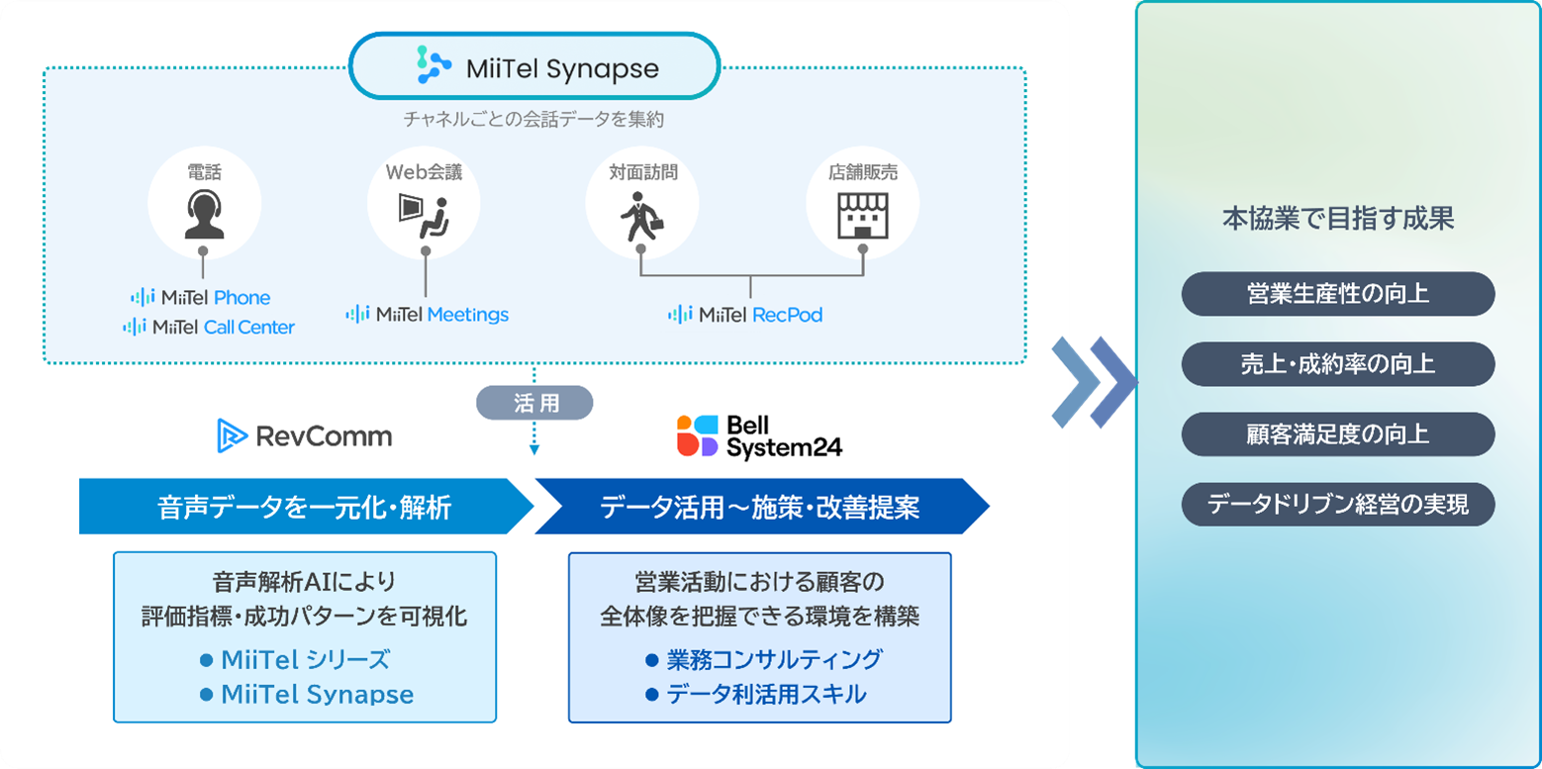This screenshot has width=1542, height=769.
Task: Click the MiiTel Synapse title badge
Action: [534, 67]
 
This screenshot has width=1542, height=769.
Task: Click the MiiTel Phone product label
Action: [201, 297]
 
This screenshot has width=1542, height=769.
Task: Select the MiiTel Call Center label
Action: [209, 327]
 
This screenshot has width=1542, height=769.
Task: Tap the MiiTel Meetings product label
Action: [428, 315]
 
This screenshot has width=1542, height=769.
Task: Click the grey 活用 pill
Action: [534, 403]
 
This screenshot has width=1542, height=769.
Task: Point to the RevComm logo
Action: [305, 435]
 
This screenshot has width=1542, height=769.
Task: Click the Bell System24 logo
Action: [759, 435]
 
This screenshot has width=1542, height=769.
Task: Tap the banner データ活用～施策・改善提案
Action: [760, 507]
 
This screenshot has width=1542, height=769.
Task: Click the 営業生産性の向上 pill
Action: [1338, 294]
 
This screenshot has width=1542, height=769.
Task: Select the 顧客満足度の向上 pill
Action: [1338, 434]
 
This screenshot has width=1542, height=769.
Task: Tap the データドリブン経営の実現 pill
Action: [1338, 505]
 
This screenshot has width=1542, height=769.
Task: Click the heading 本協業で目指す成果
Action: [1338, 220]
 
